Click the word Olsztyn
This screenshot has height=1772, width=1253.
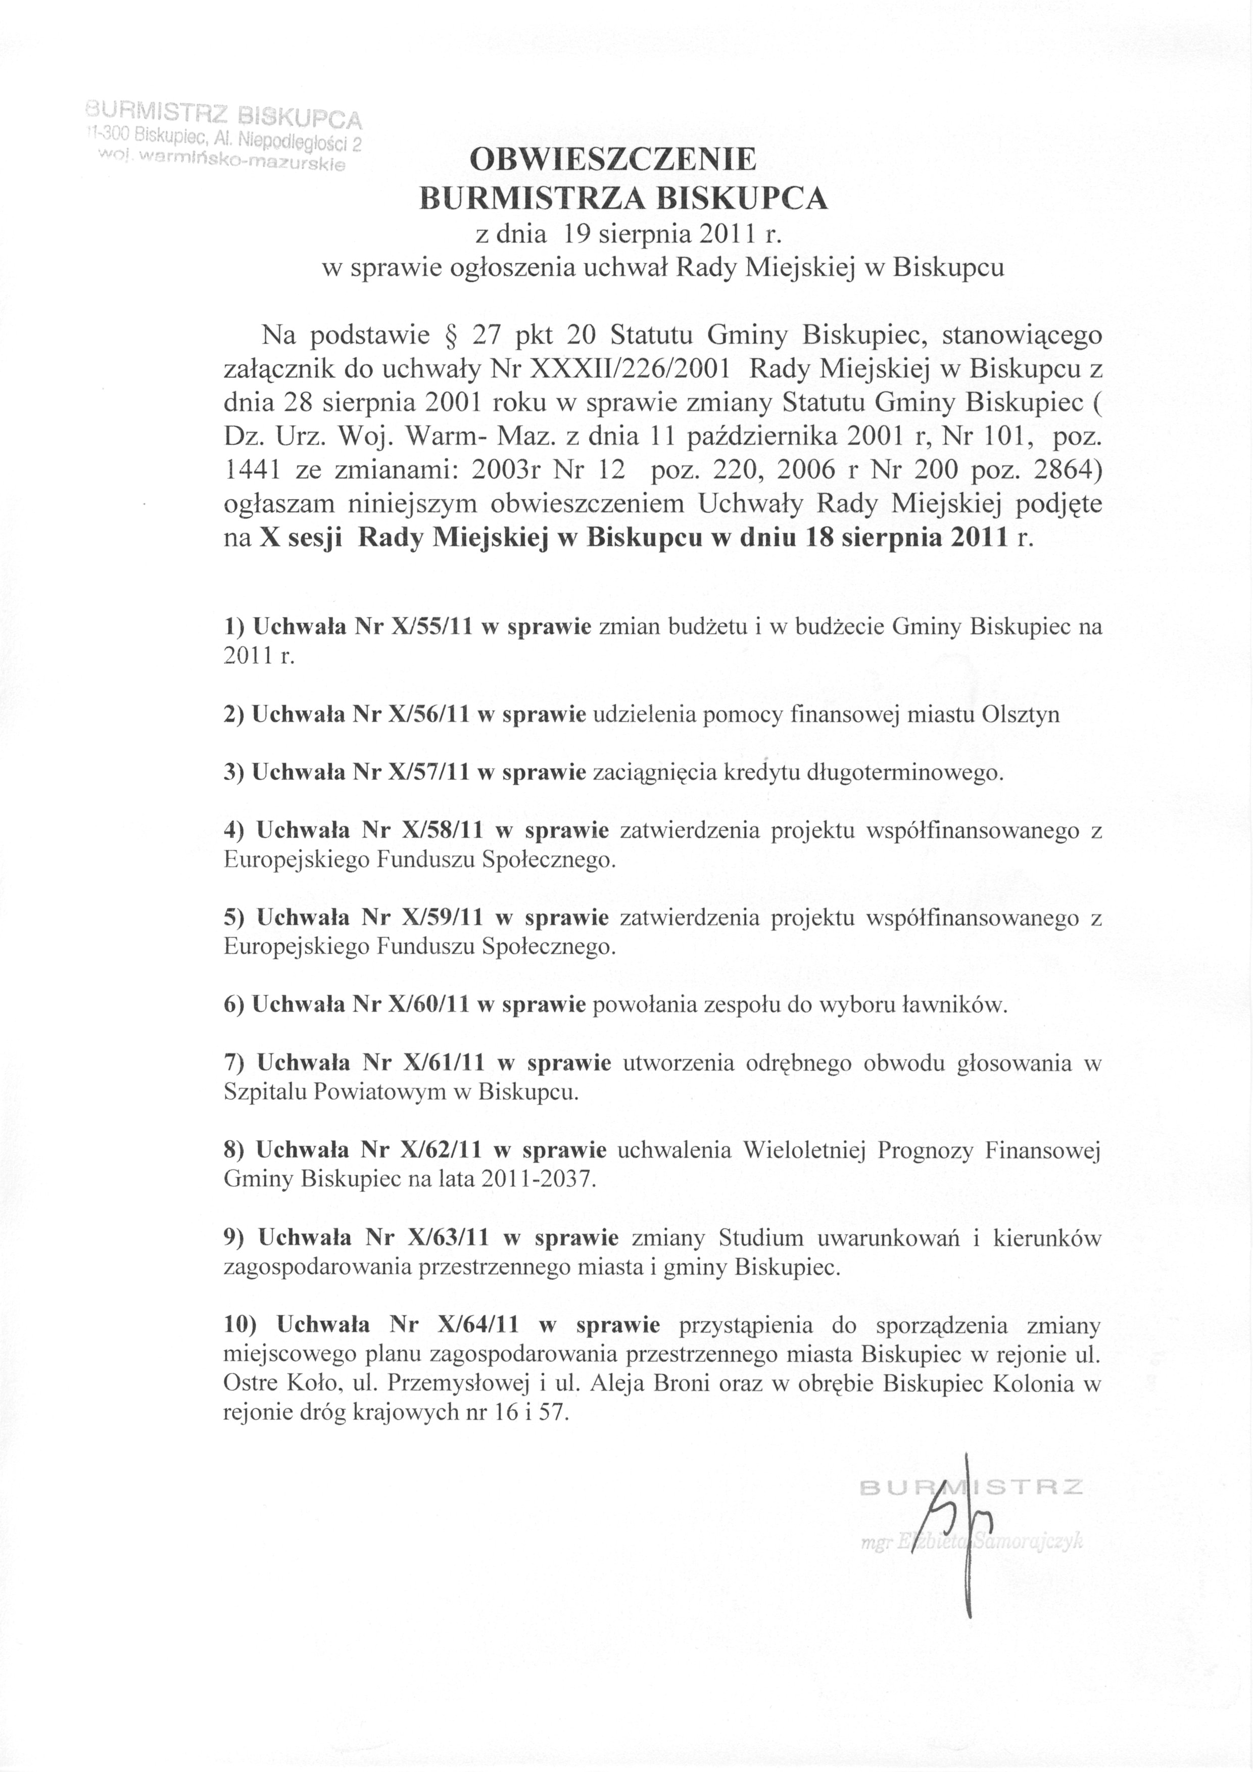click(x=1021, y=714)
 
